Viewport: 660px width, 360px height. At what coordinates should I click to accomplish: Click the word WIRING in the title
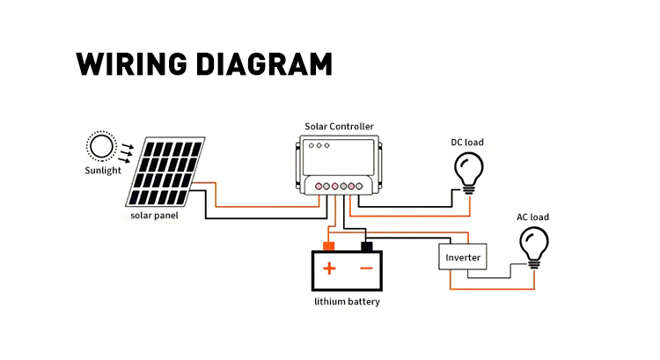(x=131, y=64)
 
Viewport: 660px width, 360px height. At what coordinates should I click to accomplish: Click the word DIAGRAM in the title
(x=264, y=64)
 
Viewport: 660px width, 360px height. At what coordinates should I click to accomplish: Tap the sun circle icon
(x=101, y=146)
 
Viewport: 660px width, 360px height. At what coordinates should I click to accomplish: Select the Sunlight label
(x=103, y=171)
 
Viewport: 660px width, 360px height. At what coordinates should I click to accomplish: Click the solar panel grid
(x=165, y=172)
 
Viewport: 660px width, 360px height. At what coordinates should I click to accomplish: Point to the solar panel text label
(x=154, y=216)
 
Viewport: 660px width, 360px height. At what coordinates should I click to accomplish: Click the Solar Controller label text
(x=340, y=127)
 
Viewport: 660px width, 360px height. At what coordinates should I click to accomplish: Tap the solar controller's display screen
(x=339, y=157)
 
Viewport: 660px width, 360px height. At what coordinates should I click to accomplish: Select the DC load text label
(x=467, y=143)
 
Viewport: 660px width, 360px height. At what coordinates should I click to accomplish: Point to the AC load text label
(x=533, y=217)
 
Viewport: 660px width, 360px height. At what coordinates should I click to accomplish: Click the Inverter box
(x=463, y=257)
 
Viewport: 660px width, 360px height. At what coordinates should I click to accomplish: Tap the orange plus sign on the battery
(x=329, y=268)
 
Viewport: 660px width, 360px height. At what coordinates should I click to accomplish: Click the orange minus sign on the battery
(x=366, y=268)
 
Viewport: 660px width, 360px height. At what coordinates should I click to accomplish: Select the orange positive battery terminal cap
(x=328, y=246)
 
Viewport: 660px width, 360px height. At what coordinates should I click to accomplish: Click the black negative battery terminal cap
(x=367, y=246)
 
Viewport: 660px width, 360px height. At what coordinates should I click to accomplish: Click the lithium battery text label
(x=348, y=302)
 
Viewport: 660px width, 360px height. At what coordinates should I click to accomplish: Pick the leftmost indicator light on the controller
(x=312, y=146)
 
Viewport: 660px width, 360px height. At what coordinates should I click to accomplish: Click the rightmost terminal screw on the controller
(x=359, y=186)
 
